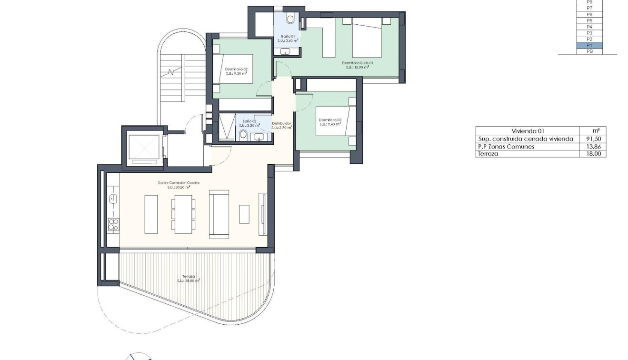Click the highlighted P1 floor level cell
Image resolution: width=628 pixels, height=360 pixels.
pos(589,45)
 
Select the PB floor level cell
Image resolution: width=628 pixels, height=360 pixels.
pos(589,51)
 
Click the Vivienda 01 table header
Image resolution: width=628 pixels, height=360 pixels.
pos(527,131)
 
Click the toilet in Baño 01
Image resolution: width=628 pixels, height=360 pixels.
pos(290,19)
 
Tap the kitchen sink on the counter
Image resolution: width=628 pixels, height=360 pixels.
pos(113,198)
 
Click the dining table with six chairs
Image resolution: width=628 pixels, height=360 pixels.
pos(183,214)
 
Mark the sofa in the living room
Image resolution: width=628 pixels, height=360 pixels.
pos(219,214)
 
